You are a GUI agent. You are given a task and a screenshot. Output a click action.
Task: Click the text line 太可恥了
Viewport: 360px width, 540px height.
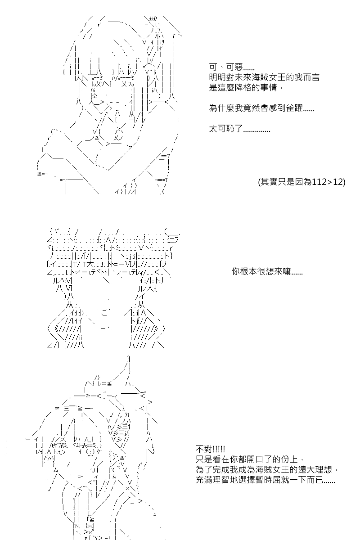pos(239,129)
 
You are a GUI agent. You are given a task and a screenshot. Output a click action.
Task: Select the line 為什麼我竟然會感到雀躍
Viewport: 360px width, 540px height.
pos(261,108)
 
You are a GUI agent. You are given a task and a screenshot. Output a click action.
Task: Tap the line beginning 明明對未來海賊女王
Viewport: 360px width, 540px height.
pos(264,77)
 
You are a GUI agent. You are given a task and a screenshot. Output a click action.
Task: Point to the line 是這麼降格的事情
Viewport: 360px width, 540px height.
pos(246,87)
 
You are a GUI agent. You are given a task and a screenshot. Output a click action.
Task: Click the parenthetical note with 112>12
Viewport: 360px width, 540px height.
pos(301,181)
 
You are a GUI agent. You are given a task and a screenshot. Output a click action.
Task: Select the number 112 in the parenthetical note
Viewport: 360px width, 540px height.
pos(319,181)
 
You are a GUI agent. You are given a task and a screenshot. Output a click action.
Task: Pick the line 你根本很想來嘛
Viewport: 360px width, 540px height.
pos(267,271)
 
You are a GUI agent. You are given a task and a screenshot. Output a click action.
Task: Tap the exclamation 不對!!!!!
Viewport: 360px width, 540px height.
pos(210,449)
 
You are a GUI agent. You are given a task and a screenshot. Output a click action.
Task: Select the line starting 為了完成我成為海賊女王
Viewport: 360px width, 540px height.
pos(267,470)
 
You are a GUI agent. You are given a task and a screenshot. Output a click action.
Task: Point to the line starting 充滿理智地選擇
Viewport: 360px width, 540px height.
pos(265,480)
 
